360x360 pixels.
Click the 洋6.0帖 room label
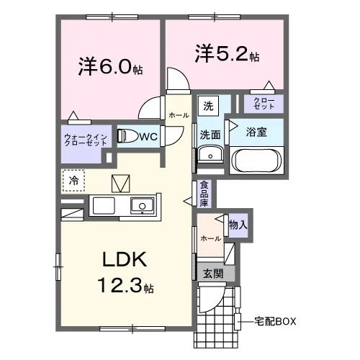110,66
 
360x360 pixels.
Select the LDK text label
125,259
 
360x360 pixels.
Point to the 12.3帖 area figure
125,285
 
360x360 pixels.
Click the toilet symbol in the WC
126,136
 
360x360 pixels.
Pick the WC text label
148,137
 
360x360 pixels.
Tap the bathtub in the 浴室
257,161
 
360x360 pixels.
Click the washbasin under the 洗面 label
210,154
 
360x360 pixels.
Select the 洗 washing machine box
208,106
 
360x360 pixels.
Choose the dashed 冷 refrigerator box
73,181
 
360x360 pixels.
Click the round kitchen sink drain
143,206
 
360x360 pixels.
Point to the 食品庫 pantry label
204,194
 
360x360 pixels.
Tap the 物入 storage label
238,225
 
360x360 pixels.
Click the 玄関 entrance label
213,274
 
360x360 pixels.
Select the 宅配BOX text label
275,321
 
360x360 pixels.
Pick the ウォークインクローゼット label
86,140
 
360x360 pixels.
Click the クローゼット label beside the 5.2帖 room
264,104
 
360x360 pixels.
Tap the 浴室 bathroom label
256,132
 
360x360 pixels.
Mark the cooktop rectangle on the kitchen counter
104,206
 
